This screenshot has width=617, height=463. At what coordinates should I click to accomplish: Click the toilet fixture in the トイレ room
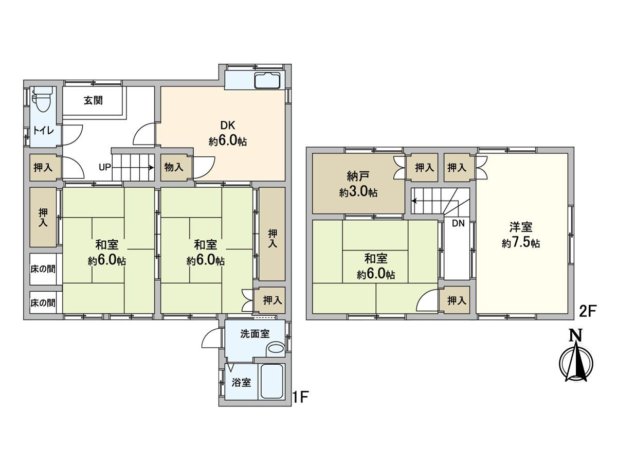tap(43, 99)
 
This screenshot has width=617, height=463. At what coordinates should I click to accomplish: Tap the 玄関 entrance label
tap(94, 100)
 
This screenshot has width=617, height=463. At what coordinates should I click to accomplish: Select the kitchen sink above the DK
tap(267, 81)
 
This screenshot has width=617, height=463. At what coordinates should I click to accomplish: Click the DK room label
tap(227, 126)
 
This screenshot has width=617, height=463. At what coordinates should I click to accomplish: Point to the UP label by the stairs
tap(104, 168)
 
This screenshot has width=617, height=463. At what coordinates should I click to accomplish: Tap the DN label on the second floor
tap(458, 223)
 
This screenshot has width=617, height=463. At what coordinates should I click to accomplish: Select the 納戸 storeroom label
tap(358, 177)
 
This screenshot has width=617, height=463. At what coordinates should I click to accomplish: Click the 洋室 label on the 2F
tap(521, 227)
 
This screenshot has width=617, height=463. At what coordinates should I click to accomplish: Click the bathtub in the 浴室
tap(271, 381)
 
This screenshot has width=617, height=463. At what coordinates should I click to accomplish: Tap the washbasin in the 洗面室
tap(276, 349)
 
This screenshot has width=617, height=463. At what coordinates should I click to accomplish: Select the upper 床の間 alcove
tap(43, 269)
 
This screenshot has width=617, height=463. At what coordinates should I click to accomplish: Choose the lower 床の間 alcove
tap(43, 303)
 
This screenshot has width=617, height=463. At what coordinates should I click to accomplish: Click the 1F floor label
tap(300, 398)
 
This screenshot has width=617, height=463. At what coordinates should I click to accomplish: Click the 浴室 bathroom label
tap(241, 383)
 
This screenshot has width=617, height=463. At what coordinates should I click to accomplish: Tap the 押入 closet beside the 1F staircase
tap(43, 168)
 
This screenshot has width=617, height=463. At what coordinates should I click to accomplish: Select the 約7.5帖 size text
tap(521, 243)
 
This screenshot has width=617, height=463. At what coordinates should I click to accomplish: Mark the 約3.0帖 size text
tap(358, 192)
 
